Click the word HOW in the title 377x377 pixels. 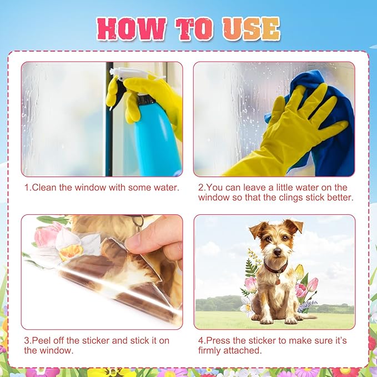(x=132, y=29)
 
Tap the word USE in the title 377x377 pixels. (x=252, y=28)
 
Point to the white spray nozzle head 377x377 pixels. (x=123, y=73)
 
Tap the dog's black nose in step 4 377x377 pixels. (x=277, y=252)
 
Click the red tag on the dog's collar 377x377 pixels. (x=278, y=282)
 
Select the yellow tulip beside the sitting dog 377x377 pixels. (x=299, y=272)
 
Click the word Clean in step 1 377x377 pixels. (x=44, y=188)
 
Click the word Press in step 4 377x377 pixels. (x=219, y=340)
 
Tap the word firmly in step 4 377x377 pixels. (x=209, y=350)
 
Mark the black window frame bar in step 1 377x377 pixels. (x=109, y=119)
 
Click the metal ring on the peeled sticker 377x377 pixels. (x=139, y=223)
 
